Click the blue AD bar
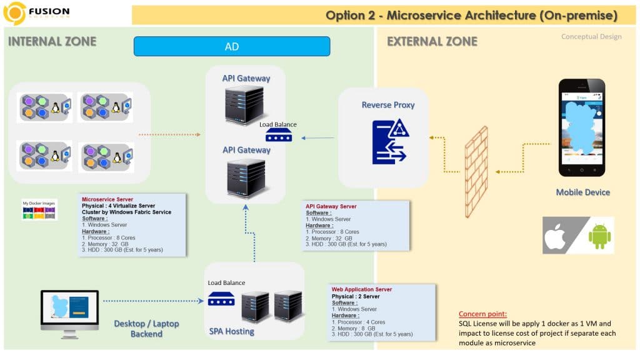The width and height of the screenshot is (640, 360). [231, 46]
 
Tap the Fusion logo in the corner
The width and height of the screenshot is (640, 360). [15, 12]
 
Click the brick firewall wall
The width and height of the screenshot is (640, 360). [476, 172]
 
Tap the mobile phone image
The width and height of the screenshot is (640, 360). [582, 128]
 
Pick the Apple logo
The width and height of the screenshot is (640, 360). [555, 236]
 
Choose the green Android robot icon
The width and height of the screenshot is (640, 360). [598, 236]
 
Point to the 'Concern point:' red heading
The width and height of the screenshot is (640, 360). [482, 314]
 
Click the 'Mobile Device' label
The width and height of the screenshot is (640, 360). [582, 192]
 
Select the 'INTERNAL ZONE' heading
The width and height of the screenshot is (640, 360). [52, 42]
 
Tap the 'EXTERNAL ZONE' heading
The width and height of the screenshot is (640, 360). [432, 42]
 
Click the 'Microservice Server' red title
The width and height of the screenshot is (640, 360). [108, 199]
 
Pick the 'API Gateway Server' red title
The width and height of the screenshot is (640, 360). [331, 206]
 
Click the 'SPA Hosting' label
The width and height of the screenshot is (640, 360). [231, 331]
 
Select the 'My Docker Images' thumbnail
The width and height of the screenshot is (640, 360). [39, 210]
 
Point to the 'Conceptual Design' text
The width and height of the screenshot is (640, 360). [591, 37]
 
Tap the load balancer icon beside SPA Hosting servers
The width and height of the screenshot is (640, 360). [221, 300]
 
